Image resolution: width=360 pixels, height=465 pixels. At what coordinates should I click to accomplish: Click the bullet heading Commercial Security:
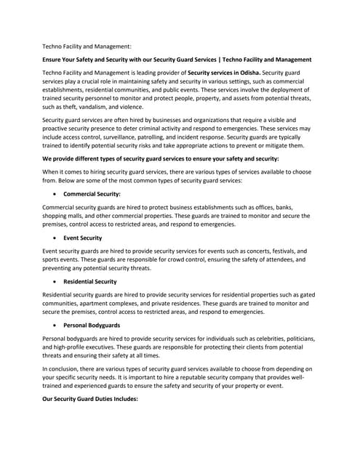click(x=92, y=194)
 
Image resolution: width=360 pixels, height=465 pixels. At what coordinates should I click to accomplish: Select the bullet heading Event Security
click(x=82, y=238)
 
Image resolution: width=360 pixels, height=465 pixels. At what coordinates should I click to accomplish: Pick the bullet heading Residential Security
click(x=89, y=280)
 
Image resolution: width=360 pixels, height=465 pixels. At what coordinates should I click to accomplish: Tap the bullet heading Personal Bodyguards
click(x=92, y=324)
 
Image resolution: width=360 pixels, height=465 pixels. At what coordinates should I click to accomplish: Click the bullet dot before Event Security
click(x=57, y=238)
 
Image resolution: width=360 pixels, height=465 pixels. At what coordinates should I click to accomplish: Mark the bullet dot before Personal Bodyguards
click(x=57, y=324)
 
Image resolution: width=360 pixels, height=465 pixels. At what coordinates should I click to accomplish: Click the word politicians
click(x=298, y=339)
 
